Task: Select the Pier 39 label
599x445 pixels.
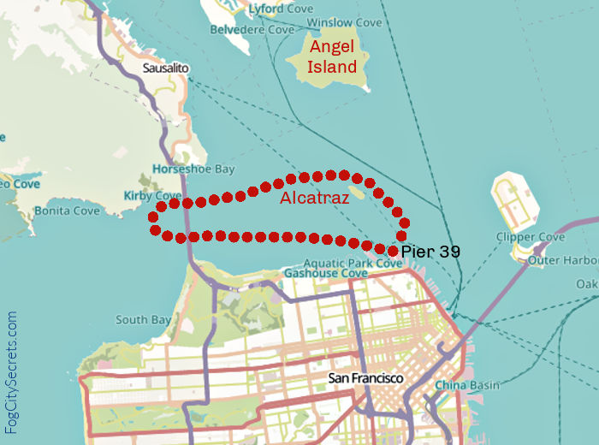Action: tap(430, 252)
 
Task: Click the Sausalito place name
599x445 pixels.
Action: tap(166, 67)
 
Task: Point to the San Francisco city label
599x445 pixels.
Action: tap(365, 377)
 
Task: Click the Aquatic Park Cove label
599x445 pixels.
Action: tap(353, 264)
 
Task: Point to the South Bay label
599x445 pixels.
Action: tap(143, 320)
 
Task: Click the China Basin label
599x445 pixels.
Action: tap(466, 385)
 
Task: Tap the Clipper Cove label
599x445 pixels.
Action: tap(530, 237)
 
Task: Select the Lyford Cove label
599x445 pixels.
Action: tap(276, 9)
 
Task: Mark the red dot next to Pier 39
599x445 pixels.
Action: tap(393, 251)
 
